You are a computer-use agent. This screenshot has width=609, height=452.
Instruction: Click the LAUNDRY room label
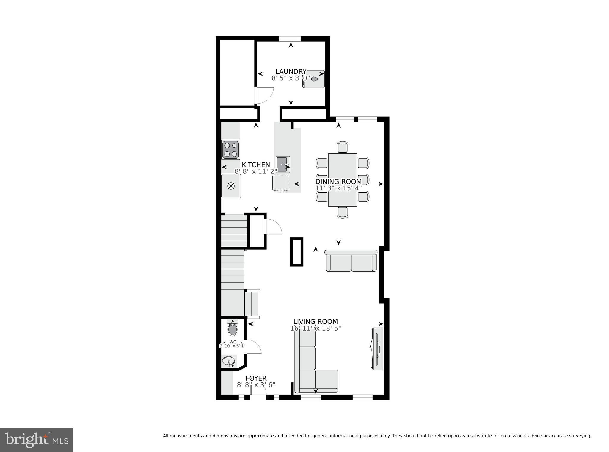pyautogui.click(x=291, y=71)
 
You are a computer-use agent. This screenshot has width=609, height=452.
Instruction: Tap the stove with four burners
pyautogui.click(x=231, y=150)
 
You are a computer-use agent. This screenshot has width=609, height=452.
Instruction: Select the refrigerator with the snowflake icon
pyautogui.click(x=231, y=186)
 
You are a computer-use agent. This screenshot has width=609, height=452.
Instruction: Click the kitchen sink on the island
pyautogui.click(x=282, y=164)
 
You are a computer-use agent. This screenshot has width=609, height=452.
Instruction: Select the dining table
pyautogui.click(x=342, y=180)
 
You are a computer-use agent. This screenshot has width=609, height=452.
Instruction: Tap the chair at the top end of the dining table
pyautogui.click(x=343, y=147)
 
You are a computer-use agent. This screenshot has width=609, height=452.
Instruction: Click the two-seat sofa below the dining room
pyautogui.click(x=351, y=261)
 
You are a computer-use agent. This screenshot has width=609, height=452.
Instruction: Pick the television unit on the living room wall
pyautogui.click(x=377, y=348)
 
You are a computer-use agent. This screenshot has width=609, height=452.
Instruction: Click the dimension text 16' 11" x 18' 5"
pyautogui.click(x=316, y=328)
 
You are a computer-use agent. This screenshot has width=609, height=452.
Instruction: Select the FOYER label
pyautogui.click(x=256, y=378)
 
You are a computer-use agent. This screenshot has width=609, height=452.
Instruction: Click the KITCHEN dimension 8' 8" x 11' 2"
pyautogui.click(x=256, y=171)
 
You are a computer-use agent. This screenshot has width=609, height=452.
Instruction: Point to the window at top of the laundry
pyautogui.click(x=289, y=38)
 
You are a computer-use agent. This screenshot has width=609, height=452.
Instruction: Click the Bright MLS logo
pyautogui.click(x=37, y=440)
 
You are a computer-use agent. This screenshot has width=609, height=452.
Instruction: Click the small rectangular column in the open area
pyautogui.click(x=296, y=251)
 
